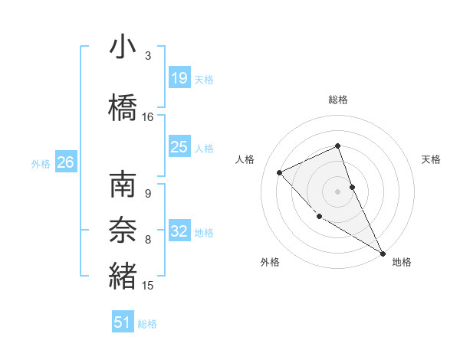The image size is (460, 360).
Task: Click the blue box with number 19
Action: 179,78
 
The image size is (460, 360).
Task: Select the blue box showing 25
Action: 179,147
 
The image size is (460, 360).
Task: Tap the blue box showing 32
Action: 179,231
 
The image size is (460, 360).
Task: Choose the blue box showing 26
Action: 65,162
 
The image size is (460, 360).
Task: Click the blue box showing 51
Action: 123,322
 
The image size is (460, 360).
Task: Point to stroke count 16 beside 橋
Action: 148,117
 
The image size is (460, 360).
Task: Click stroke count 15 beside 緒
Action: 148,286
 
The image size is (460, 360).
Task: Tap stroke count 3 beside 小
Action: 148,56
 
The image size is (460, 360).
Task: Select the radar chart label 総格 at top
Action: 338,100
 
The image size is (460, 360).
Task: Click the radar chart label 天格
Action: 431,159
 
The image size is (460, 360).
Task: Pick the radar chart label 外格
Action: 270,262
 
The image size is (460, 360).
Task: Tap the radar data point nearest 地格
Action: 383,253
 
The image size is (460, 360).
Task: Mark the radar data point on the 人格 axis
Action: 280,172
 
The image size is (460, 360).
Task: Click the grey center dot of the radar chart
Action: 338,191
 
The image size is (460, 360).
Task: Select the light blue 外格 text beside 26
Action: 41,163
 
